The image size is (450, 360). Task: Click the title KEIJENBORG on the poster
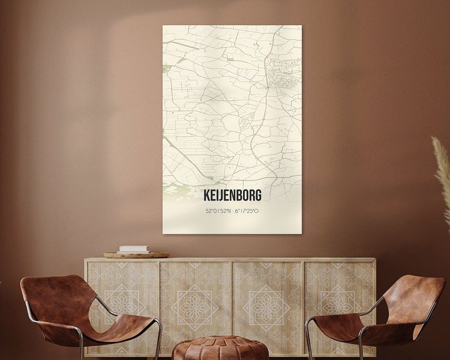pos(232,196)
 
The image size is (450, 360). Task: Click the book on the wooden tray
pos(134,249)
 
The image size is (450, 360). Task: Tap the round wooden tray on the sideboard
pos(136,255)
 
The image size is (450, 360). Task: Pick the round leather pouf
pos(220,348)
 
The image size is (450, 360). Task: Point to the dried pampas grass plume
pos(443,174)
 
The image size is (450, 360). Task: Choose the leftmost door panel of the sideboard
pos(122,306)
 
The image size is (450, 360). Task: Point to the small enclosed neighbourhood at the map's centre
pos(246,124)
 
